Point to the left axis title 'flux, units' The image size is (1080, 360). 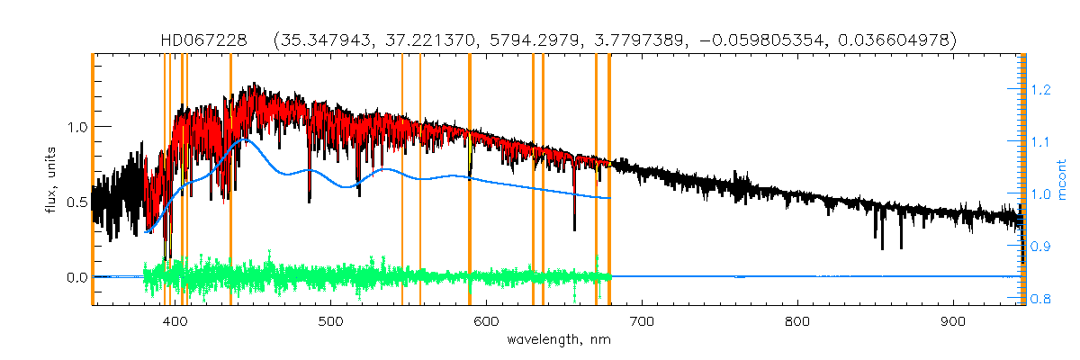coord(52,180)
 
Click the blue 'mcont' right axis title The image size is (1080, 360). coord(1063,180)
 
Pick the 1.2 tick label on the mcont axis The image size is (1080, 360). coord(1041,89)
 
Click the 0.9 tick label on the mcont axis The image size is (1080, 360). coord(1041,247)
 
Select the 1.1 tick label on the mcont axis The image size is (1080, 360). coord(1041,141)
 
